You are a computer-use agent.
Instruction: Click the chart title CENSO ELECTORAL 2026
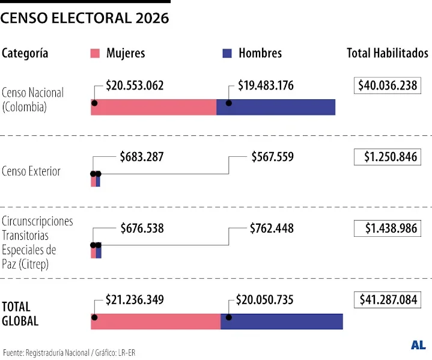click(85, 19)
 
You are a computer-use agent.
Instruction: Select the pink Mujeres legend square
click(94, 53)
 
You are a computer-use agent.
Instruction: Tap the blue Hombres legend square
click(227, 53)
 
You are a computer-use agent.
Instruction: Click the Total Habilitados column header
click(387, 53)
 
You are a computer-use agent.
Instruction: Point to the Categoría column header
click(25, 53)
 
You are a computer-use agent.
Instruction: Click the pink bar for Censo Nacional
click(154, 107)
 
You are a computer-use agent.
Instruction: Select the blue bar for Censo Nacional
click(276, 107)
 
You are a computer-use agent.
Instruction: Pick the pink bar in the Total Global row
click(156, 322)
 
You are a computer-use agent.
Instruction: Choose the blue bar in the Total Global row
click(282, 322)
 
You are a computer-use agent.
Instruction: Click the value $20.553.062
click(135, 86)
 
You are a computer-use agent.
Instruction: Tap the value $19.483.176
click(266, 86)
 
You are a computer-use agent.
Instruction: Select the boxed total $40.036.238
click(387, 86)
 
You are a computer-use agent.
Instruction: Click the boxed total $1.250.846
click(387, 157)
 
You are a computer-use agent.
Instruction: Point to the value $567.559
click(272, 157)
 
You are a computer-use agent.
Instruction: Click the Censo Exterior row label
click(31, 171)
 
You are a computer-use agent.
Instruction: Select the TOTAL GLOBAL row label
click(20, 314)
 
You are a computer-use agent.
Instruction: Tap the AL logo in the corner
click(418, 345)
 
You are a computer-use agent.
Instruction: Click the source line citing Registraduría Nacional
click(69, 352)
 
